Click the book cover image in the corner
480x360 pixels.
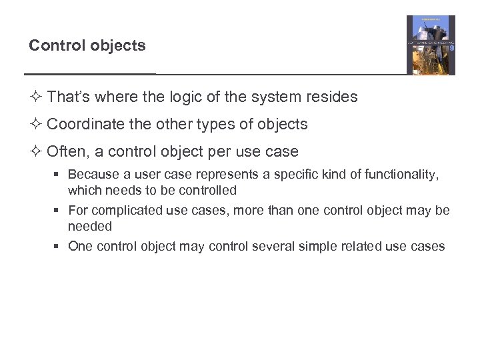(431, 45)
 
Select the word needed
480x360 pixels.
(90, 227)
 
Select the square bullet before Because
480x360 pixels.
(59, 175)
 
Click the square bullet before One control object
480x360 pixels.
(59, 247)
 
